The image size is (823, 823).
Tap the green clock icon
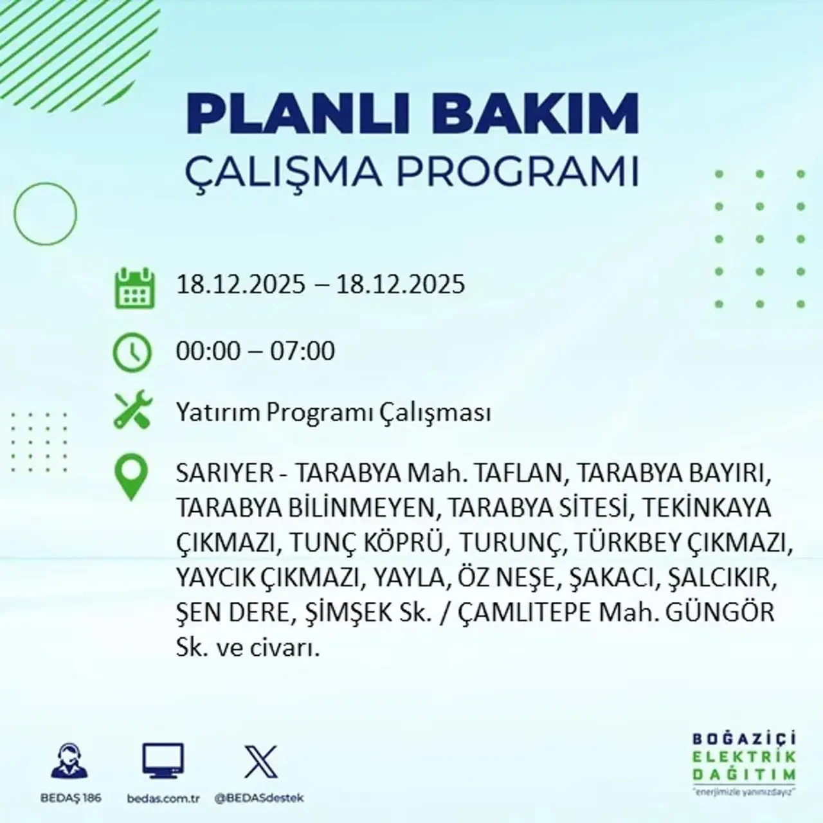132,352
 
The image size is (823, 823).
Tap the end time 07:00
302,351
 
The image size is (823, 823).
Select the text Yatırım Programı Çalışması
333,412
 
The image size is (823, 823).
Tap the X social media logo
261,762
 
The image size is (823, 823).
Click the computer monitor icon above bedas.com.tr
163,762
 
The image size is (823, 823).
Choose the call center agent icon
70,762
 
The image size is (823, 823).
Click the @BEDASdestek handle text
259,798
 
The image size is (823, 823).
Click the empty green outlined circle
45,213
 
